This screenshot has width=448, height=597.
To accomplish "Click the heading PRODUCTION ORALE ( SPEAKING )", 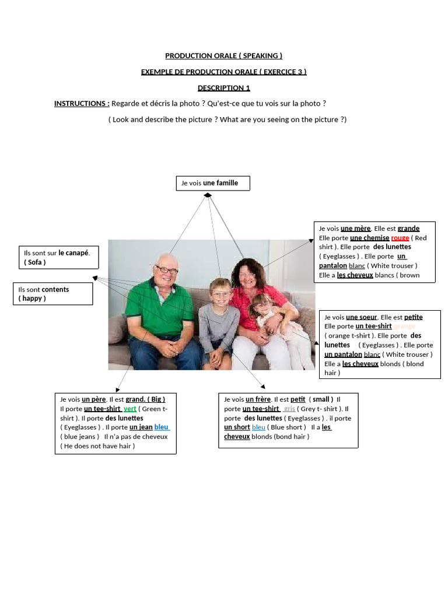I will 223,56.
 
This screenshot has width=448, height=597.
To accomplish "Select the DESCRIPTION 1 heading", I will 223,88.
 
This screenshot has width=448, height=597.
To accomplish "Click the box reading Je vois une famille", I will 213,183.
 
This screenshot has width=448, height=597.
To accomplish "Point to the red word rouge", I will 400,238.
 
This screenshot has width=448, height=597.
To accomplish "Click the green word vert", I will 129,409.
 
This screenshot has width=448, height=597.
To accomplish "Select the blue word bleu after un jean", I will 162,427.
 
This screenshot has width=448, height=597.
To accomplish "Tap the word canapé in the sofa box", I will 73,253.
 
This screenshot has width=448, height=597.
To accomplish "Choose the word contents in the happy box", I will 55,290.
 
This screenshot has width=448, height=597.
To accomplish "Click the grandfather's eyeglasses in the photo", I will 166,270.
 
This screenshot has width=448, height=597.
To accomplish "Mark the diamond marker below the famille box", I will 208,195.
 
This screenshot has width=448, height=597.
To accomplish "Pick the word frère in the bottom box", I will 258,399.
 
